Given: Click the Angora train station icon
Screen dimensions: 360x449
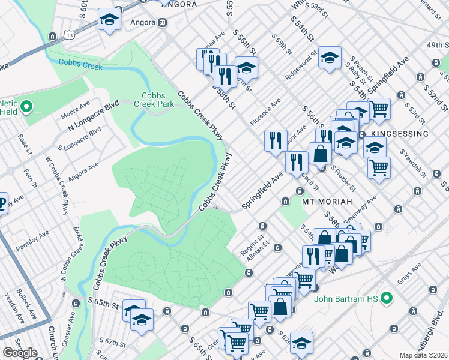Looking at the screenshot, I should [x=161, y=23].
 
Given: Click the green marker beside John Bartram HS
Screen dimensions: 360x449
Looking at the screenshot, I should [x=387, y=297].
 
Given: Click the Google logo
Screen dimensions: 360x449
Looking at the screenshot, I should [x=20, y=353].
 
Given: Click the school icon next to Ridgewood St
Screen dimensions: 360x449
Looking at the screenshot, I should [x=330, y=58].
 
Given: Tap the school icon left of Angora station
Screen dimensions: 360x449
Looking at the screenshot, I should [x=109, y=19].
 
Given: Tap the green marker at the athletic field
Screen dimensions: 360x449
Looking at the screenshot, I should [x=26, y=107].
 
